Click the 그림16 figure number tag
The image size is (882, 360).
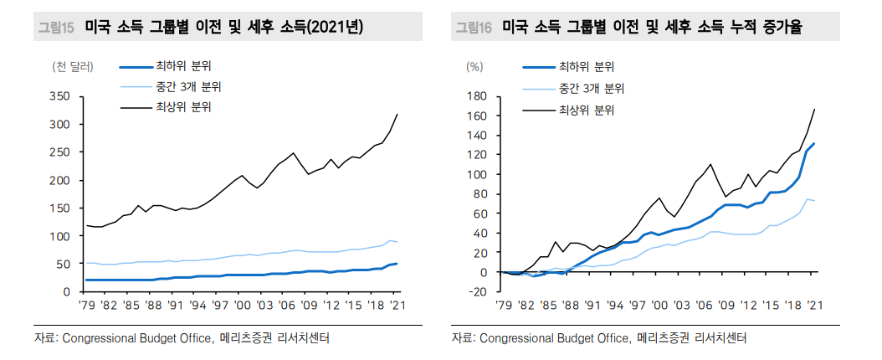(x=474, y=28)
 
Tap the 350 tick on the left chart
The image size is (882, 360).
(x=60, y=96)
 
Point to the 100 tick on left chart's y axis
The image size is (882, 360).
(x=60, y=236)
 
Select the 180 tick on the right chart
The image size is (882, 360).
(x=477, y=96)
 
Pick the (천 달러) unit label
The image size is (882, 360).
(x=73, y=66)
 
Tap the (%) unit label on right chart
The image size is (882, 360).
(x=474, y=66)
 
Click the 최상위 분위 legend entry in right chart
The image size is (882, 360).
(x=586, y=109)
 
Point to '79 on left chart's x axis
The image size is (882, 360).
(x=86, y=306)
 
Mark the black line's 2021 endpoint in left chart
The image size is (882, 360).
(x=397, y=114)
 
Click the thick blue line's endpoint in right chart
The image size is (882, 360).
(x=814, y=144)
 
